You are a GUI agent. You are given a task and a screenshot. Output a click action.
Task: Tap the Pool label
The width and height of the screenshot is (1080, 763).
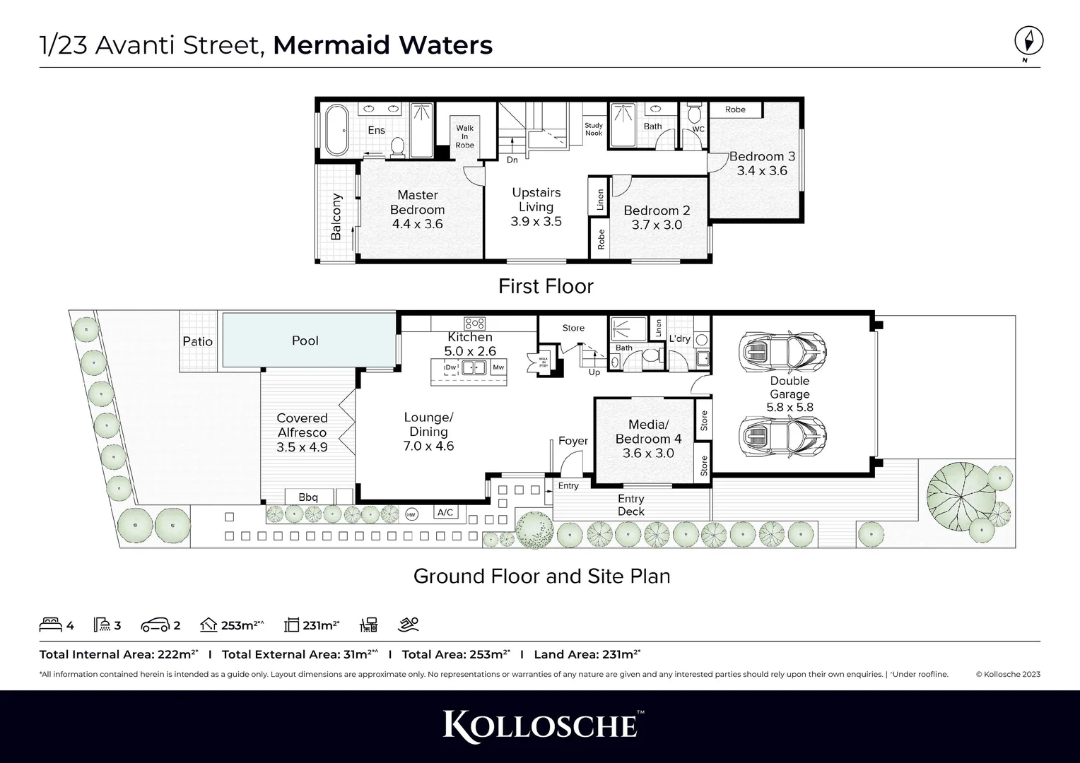tap(305, 341)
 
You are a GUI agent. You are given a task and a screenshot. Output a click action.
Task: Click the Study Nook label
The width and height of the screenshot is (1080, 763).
tap(594, 129)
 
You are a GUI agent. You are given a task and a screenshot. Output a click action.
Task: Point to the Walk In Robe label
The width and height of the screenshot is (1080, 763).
tap(464, 136)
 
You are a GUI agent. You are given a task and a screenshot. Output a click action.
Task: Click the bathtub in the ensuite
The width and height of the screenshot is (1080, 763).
tap(335, 131)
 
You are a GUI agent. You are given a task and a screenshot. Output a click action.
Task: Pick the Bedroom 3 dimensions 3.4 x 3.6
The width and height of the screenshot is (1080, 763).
tap(761, 171)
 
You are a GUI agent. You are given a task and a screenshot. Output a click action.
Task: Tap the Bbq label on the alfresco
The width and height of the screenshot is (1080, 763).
tap(308, 497)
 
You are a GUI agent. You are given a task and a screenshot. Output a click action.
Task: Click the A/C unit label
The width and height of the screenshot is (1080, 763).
tap(445, 513)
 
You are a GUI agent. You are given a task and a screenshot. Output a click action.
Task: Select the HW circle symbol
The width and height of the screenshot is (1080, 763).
tap(412, 515)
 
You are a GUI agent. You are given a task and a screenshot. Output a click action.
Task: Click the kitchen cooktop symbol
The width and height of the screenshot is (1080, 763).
tap(474, 324)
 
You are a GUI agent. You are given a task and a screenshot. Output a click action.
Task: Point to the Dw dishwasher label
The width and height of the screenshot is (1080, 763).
tap(450, 367)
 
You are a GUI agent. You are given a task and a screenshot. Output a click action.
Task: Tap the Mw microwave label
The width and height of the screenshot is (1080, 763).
tap(498, 367)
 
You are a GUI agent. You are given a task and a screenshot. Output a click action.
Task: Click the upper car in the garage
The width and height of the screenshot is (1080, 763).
tap(782, 351)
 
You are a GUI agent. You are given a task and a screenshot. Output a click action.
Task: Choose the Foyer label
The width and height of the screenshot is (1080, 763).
tap(573, 441)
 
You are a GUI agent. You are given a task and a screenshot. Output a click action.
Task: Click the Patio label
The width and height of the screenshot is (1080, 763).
tap(198, 341)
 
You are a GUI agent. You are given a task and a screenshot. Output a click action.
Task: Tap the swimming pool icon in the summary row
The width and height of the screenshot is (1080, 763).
tap(409, 625)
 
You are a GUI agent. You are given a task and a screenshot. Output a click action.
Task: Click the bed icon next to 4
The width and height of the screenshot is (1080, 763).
tap(50, 625)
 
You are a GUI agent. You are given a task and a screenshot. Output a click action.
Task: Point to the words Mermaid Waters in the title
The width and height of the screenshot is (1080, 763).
tap(382, 45)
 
